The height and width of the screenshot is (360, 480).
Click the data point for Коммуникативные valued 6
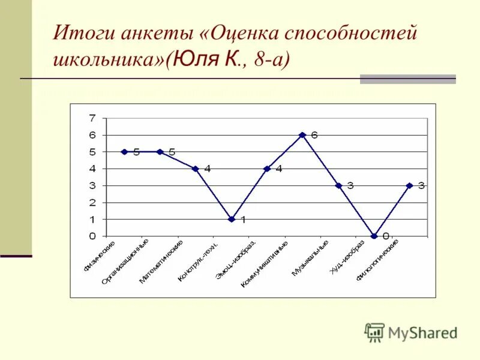click(302, 135)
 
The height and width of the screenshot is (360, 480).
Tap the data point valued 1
click(231, 219)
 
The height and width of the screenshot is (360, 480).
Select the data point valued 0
click(374, 236)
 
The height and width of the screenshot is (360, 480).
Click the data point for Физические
click(124, 152)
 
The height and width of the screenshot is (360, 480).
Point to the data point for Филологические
click(409, 185)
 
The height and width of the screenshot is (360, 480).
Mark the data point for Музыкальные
click(338, 185)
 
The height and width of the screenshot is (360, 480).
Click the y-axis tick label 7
click(92, 118)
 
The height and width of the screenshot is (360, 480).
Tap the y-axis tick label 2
click(92, 202)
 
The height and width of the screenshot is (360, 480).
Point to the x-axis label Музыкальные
click(311, 258)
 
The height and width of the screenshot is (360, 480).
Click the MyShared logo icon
click(374, 332)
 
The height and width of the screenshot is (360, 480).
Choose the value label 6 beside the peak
click(314, 135)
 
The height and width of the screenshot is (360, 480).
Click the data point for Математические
click(196, 169)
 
